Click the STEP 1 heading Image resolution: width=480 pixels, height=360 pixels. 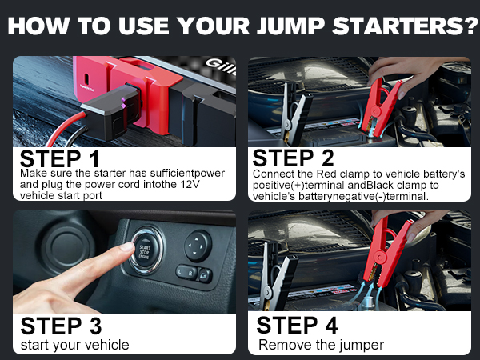click(60, 157)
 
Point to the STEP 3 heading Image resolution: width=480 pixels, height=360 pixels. click(61, 326)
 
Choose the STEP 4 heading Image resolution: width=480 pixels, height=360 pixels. click(298, 326)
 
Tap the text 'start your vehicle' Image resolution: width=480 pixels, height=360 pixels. click(74, 346)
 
